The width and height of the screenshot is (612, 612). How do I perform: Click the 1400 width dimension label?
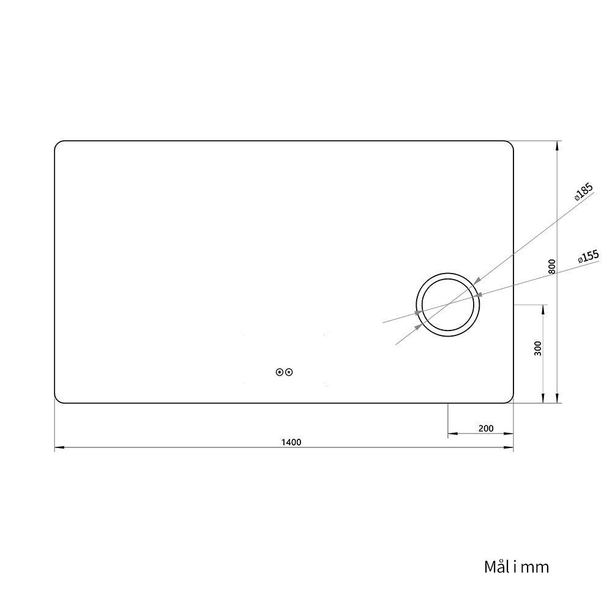pyautogui.click(x=291, y=442)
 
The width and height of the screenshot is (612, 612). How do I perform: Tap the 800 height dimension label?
pyautogui.click(x=552, y=266)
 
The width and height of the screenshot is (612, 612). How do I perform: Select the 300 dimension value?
pyautogui.click(x=538, y=348)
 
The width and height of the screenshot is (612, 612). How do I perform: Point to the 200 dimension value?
pyautogui.click(x=486, y=428)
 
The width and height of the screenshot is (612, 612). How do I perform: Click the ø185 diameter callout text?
pyautogui.click(x=583, y=192)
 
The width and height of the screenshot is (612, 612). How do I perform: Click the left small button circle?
pyautogui.click(x=280, y=372)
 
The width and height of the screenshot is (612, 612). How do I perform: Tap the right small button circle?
pyautogui.click(x=289, y=372)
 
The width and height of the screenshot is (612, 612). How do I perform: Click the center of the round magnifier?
pyautogui.click(x=448, y=305)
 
